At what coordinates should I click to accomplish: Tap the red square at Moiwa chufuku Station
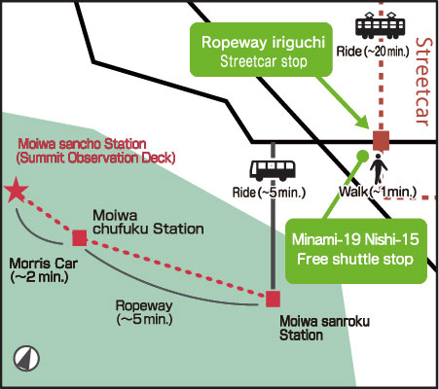80,238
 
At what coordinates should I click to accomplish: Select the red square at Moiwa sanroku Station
273,299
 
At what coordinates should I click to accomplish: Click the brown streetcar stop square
381,141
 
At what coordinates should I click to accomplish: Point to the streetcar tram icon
381,25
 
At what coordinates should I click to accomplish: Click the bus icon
273,170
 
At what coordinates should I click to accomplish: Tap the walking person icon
379,168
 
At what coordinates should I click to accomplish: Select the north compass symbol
26,359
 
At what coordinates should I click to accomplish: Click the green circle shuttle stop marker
362,157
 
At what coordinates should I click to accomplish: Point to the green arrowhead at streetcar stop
362,122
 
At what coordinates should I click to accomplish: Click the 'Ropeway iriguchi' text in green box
263,42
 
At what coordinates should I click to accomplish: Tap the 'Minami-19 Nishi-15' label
355,239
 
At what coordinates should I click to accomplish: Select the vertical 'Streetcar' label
423,82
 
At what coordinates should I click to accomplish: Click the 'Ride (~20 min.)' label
373,52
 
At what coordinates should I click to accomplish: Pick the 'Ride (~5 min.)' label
269,193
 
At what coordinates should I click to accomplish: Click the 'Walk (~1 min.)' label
378,192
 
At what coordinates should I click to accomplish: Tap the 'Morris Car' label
43,264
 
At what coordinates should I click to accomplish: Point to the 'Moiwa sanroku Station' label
324,328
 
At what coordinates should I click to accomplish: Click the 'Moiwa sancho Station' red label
82,144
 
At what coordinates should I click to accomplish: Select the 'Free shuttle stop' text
355,260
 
